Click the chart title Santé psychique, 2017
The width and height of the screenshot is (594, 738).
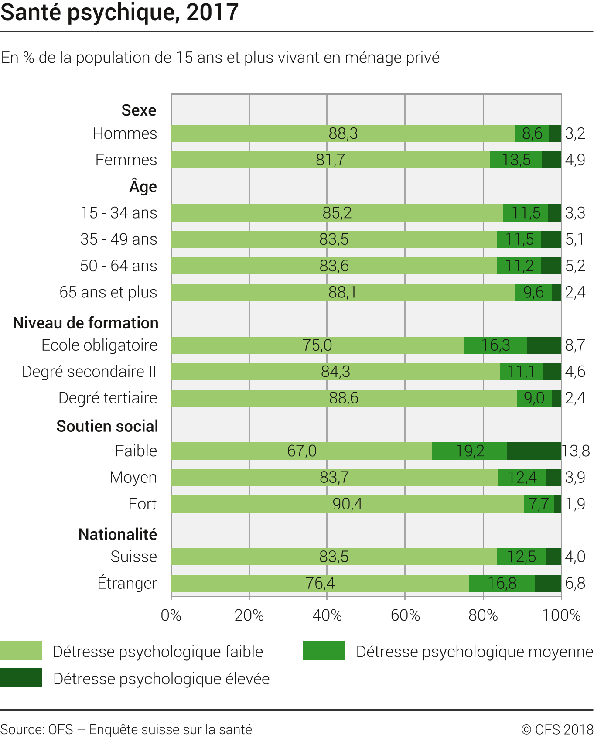click(119, 12)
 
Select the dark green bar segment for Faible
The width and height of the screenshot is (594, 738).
click(534, 451)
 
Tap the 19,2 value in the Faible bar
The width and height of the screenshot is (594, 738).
click(470, 451)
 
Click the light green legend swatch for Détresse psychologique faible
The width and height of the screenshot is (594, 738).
click(21, 651)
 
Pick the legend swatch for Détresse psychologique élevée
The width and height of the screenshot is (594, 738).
click(21, 678)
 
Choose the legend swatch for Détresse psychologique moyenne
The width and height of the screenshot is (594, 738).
click(324, 651)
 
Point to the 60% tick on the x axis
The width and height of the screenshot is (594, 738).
click(405, 615)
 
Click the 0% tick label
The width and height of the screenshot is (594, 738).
click(171, 615)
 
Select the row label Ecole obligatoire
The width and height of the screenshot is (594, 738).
click(99, 345)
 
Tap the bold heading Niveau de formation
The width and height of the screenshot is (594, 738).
click(86, 323)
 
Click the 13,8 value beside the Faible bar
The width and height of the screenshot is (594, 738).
click(576, 451)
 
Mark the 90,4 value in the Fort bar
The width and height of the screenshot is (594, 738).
click(347, 504)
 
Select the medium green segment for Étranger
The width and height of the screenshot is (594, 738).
click(502, 583)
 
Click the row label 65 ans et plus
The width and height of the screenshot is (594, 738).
click(108, 292)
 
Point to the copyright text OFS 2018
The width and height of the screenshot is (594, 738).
click(557, 729)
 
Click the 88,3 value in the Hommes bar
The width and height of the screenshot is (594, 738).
click(343, 133)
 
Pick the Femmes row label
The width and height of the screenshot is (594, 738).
click(126, 160)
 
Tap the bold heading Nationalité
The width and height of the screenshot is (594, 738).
click(118, 534)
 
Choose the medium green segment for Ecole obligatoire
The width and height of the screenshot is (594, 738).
click(495, 345)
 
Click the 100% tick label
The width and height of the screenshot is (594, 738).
click(561, 615)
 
